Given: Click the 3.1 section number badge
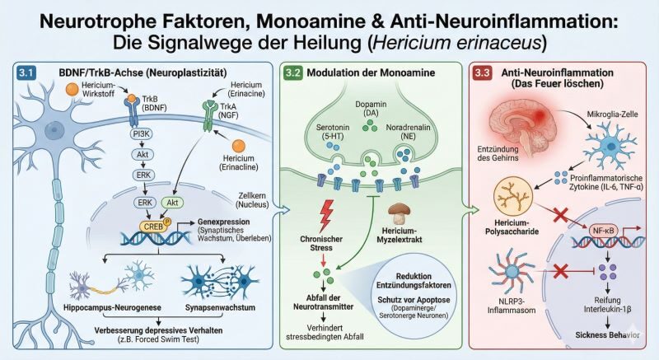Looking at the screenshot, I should [x=26, y=72].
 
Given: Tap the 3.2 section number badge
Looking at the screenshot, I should [x=292, y=72].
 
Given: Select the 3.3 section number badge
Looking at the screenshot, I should [x=484, y=72].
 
